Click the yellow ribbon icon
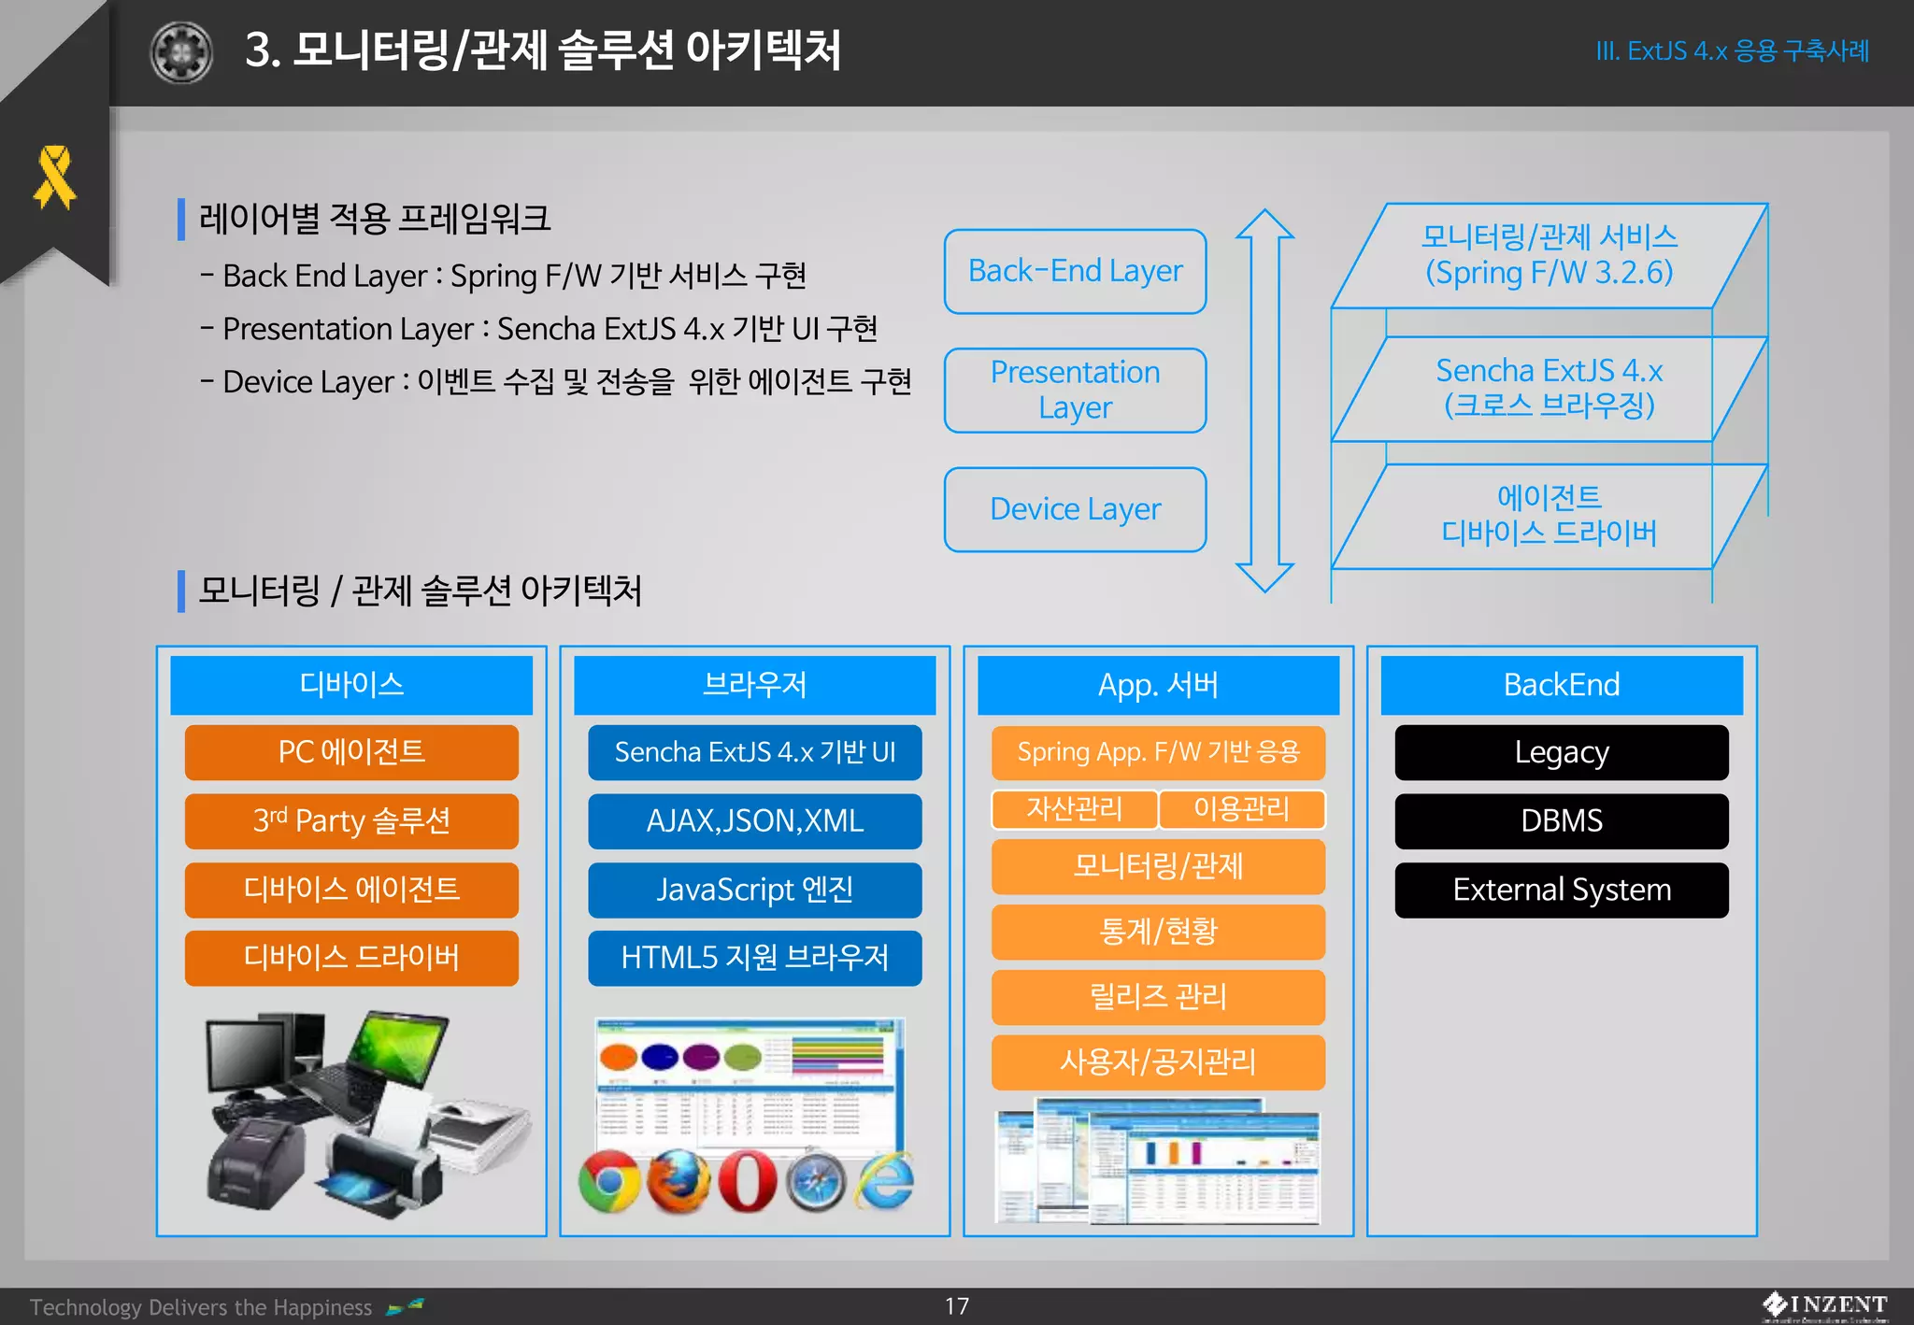point(54,177)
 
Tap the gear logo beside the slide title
point(181,52)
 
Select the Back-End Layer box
point(1075,271)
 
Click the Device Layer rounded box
point(1075,509)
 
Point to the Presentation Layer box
point(1075,390)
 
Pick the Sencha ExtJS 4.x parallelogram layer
point(1549,388)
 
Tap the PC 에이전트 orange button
point(351,752)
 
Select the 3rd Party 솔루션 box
point(351,820)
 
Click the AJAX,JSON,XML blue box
point(754,820)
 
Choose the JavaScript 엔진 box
point(754,890)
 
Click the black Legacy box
point(1561,752)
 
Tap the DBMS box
point(1561,820)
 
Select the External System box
point(1561,890)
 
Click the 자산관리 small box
point(1074,809)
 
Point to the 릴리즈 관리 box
point(1158,997)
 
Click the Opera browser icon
point(748,1181)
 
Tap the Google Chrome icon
point(609,1181)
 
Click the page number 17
point(956,1305)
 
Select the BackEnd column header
point(1561,685)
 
